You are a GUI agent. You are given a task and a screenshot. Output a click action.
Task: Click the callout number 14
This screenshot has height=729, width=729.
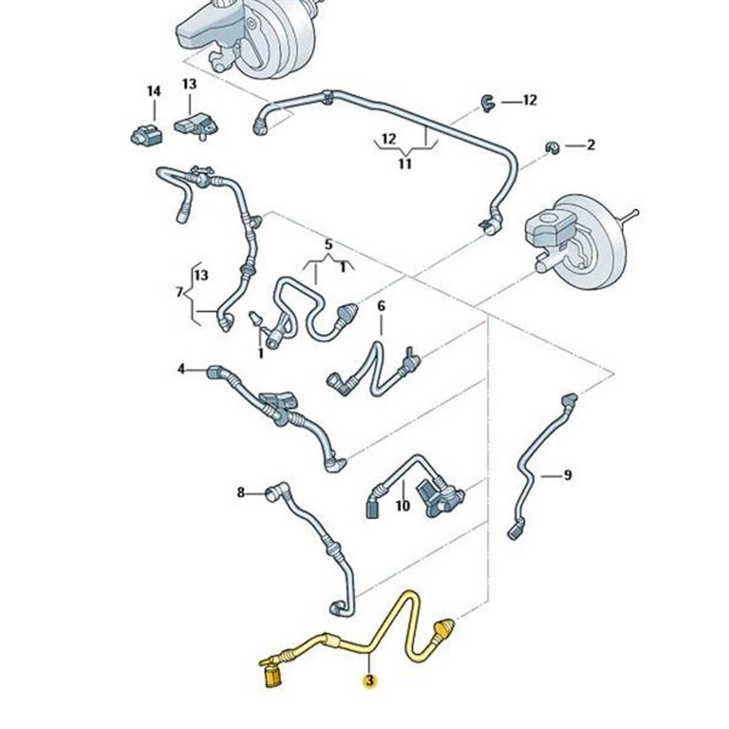(x=154, y=91)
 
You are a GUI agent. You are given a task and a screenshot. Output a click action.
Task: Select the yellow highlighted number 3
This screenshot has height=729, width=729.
(x=369, y=681)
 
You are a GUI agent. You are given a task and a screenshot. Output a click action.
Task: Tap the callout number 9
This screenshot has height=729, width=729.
(x=567, y=474)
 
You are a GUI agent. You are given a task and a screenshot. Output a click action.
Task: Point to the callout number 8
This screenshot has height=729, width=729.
(x=241, y=493)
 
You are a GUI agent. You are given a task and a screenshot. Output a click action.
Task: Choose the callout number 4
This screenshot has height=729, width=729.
(x=181, y=369)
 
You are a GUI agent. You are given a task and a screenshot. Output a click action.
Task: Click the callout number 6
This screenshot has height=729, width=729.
(x=381, y=306)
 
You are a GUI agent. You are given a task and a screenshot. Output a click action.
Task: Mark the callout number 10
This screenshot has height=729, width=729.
(x=403, y=505)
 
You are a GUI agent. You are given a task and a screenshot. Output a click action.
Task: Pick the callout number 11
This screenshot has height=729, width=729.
(x=405, y=163)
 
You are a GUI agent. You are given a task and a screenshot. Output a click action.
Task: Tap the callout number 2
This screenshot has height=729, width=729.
(x=590, y=145)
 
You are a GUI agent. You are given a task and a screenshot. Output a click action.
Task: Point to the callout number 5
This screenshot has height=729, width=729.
(x=329, y=245)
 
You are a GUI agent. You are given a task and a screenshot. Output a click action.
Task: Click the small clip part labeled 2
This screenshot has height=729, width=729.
(x=552, y=148)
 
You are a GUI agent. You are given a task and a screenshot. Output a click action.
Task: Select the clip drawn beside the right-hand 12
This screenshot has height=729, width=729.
(x=488, y=103)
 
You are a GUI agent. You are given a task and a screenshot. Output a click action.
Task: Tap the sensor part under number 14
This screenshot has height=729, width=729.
(x=146, y=134)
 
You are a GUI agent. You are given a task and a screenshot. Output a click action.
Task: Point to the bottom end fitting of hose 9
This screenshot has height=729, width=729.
(x=515, y=532)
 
